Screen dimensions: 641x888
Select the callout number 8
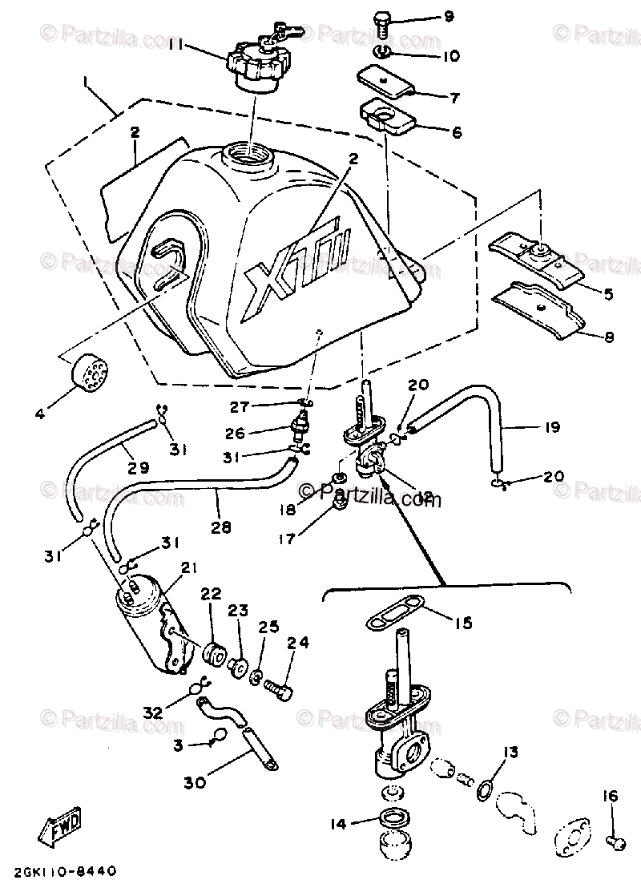coord(608,337)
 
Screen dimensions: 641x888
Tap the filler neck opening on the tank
coord(249,154)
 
